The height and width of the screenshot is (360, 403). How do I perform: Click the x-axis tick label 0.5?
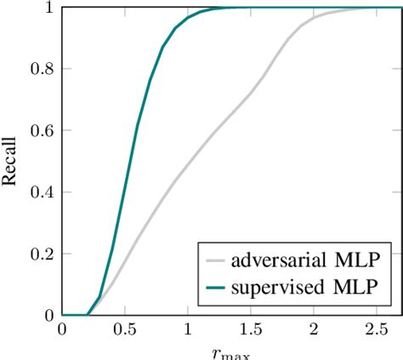(125, 329)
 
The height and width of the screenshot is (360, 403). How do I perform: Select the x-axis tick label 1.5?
(251, 329)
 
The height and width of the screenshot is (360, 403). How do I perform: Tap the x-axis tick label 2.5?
(377, 329)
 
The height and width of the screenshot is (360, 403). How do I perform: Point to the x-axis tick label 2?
(314, 329)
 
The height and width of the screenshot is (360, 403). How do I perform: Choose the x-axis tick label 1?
(188, 329)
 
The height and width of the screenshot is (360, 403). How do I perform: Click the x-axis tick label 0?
(62, 329)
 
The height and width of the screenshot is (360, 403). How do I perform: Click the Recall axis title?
(12, 161)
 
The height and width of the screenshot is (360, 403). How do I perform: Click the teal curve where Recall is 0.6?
(137, 130)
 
